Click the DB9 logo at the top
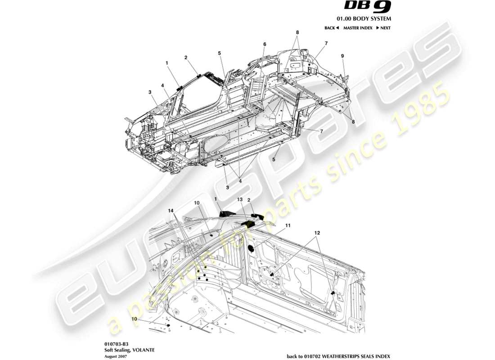(x=368, y=6)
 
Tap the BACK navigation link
(x=332, y=28)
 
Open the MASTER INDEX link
(x=358, y=28)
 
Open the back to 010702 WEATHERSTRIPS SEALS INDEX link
(x=339, y=356)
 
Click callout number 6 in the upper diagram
(x=265, y=44)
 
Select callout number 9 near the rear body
(x=342, y=56)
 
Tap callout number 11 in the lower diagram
(x=288, y=225)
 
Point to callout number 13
(x=240, y=199)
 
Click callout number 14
(x=171, y=211)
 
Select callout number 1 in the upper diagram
(x=166, y=63)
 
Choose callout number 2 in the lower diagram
(x=248, y=199)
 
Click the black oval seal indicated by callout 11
(x=252, y=248)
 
